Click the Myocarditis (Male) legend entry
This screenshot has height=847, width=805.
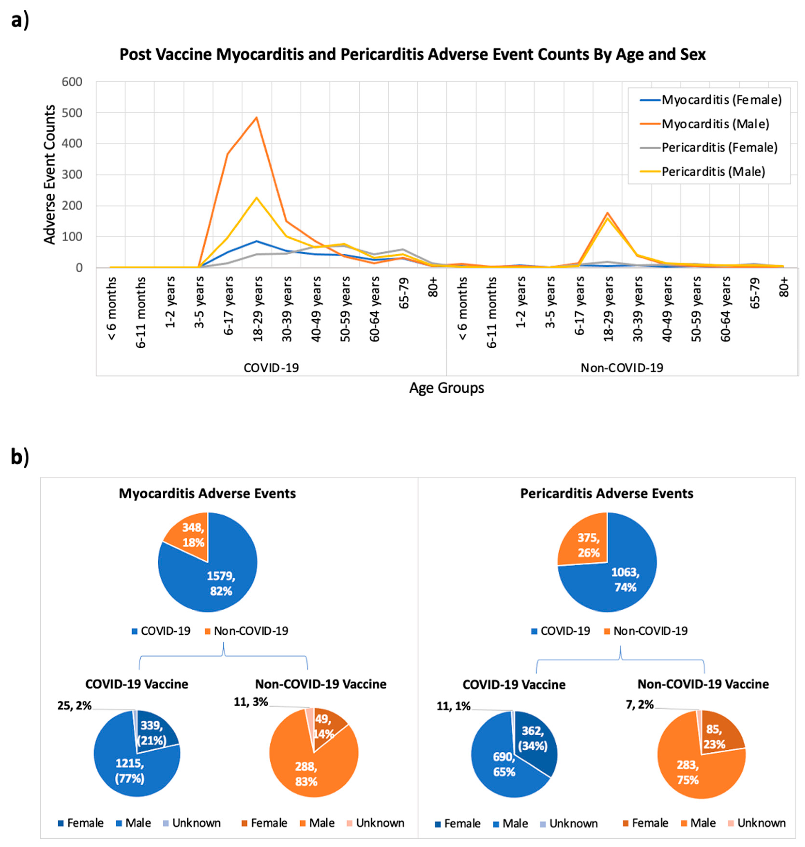pyautogui.click(x=715, y=124)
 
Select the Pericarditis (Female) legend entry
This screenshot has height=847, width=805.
pyautogui.click(x=719, y=148)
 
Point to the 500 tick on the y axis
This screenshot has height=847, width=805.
pyautogui.click(x=72, y=112)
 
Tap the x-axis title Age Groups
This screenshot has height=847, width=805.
pyautogui.click(x=446, y=388)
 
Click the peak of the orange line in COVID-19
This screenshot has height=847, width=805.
pyautogui.click(x=256, y=117)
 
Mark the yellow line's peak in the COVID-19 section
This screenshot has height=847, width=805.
pyautogui.click(x=256, y=197)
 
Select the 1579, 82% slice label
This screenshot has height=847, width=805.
pyautogui.click(x=221, y=583)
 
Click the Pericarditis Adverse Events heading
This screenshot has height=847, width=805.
pyautogui.click(x=606, y=494)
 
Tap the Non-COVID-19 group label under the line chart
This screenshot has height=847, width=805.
pyautogui.click(x=621, y=368)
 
